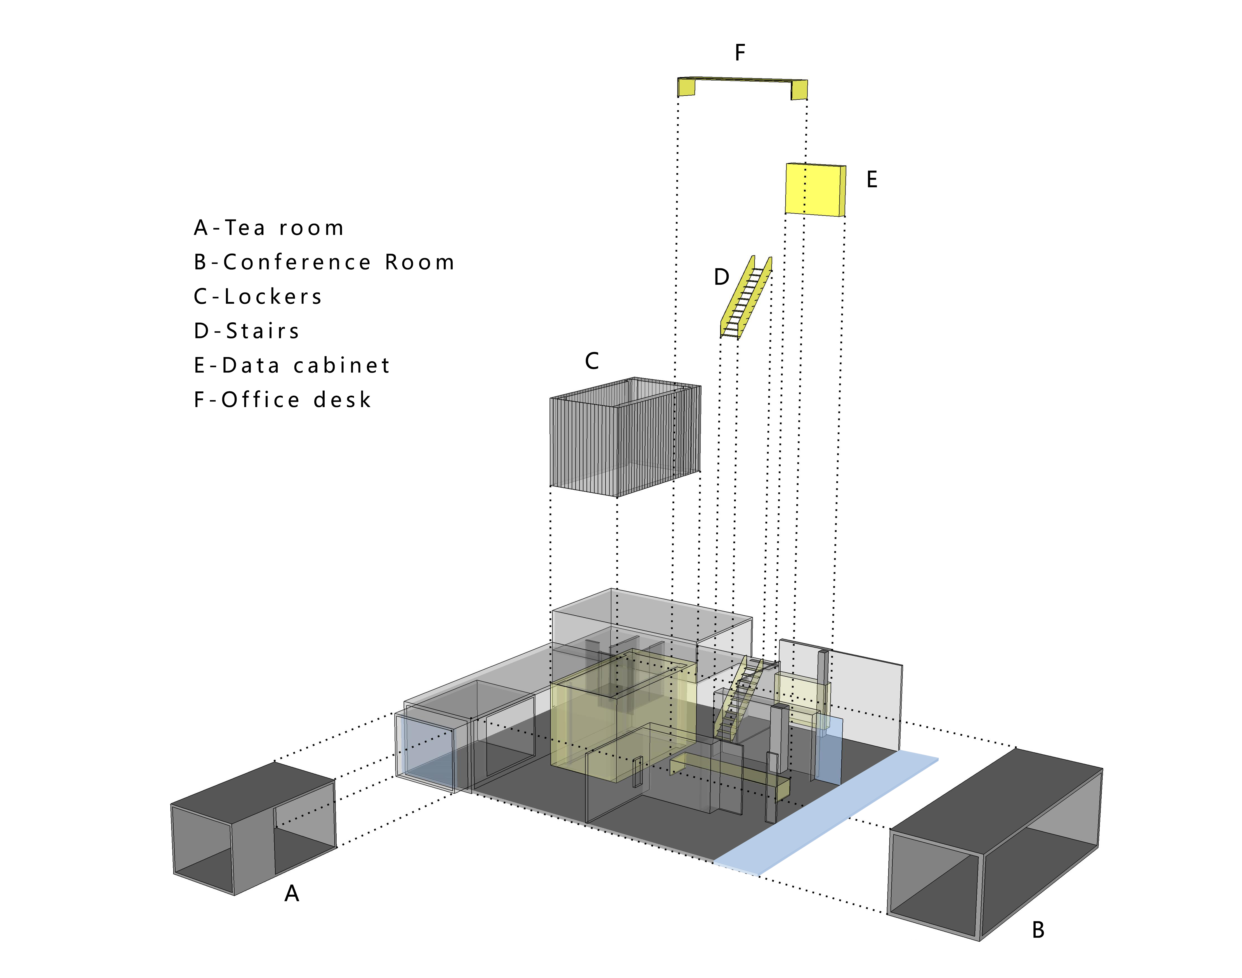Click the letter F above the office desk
[x=740, y=53]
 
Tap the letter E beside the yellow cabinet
[x=872, y=180]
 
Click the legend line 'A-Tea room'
[x=268, y=228]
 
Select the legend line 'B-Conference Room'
[x=324, y=262]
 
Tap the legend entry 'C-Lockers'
[x=258, y=297]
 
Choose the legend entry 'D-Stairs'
[x=246, y=331]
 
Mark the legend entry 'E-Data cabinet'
[x=292, y=365]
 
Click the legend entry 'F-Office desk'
[x=282, y=400]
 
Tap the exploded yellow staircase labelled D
[x=745, y=298]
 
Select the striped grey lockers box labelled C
[x=624, y=438]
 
